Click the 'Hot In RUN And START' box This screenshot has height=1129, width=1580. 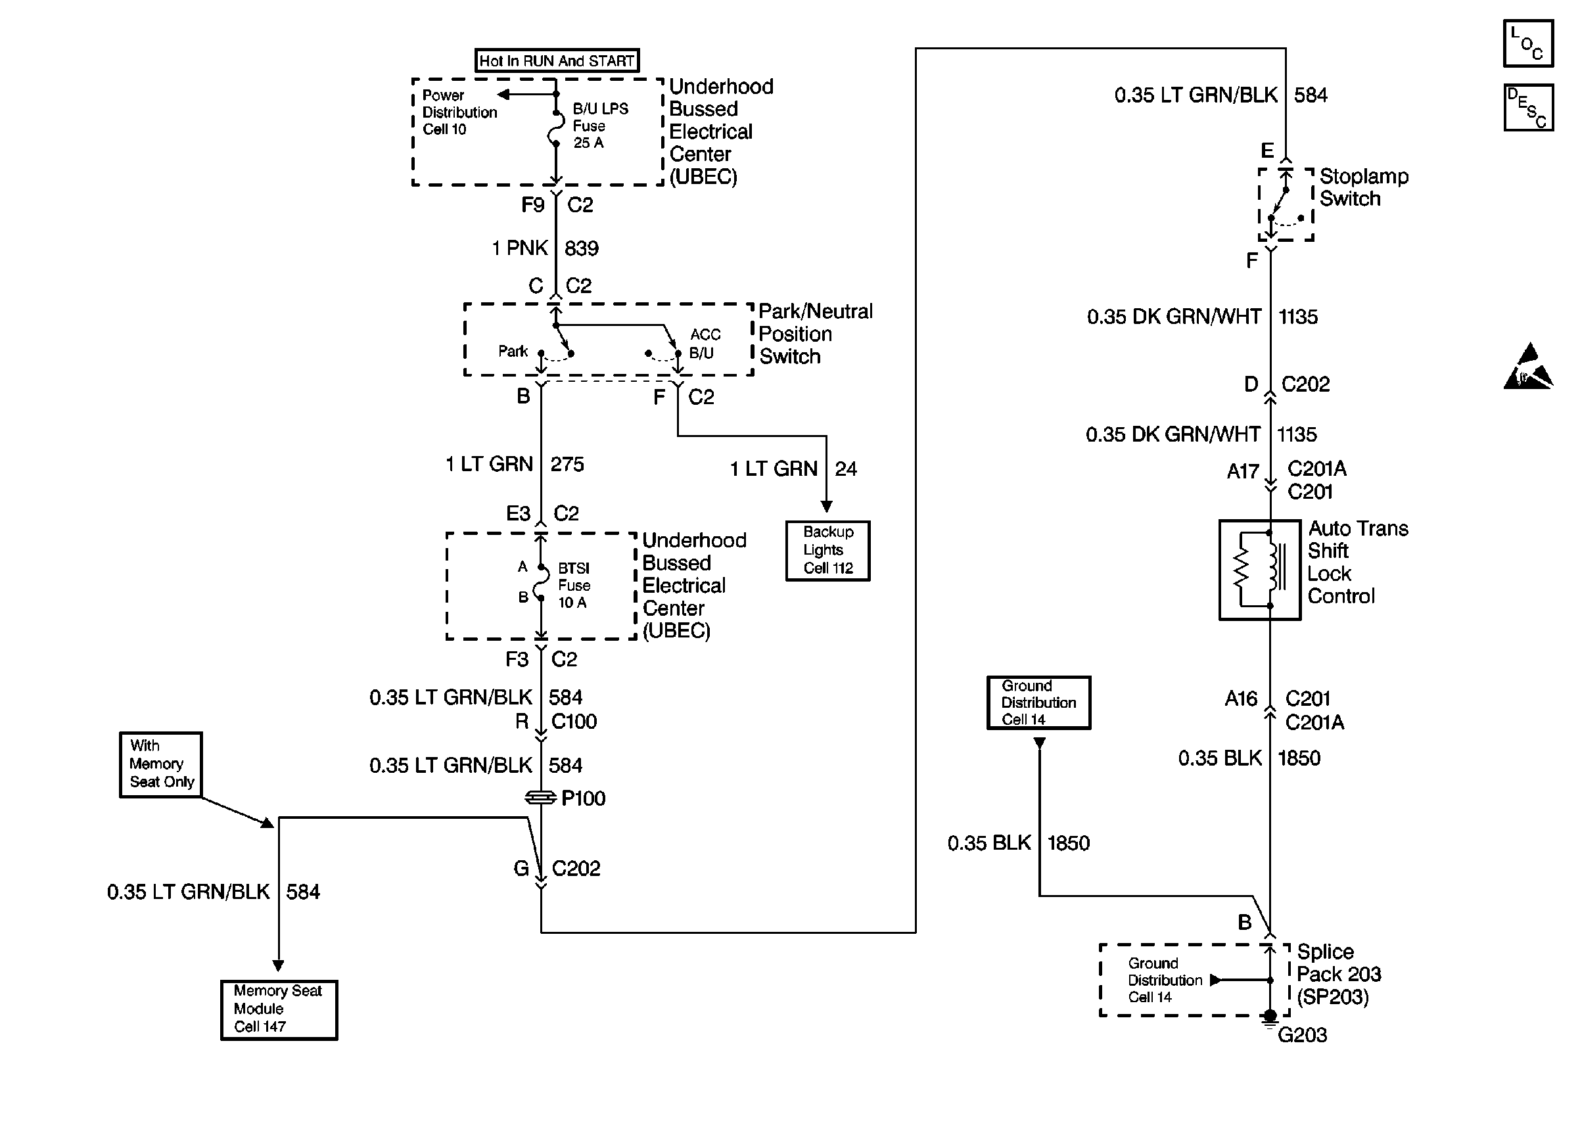556,60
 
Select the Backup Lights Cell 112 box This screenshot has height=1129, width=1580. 827,550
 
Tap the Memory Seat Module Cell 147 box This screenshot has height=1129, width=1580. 279,1009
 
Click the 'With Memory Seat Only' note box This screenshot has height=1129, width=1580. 160,764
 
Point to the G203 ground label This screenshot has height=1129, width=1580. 1302,1035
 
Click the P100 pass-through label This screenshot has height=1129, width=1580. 582,798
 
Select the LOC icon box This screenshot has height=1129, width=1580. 1528,43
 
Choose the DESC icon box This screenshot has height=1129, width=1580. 1528,108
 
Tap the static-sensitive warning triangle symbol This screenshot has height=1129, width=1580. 1528,367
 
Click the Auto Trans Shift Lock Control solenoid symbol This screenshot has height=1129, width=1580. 1259,570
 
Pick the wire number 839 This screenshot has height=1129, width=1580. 581,248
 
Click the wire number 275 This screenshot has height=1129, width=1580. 567,464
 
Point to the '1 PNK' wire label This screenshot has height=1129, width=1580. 520,248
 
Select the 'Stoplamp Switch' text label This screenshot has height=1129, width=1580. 1363,187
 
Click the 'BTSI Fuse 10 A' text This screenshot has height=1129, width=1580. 574,586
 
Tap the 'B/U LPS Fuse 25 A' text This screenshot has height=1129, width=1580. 600,126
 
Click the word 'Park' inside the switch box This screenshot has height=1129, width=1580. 513,351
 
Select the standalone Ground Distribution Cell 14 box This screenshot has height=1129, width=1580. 1038,702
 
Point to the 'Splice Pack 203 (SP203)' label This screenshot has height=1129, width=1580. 1338,974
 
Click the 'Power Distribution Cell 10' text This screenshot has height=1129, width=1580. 459,112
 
